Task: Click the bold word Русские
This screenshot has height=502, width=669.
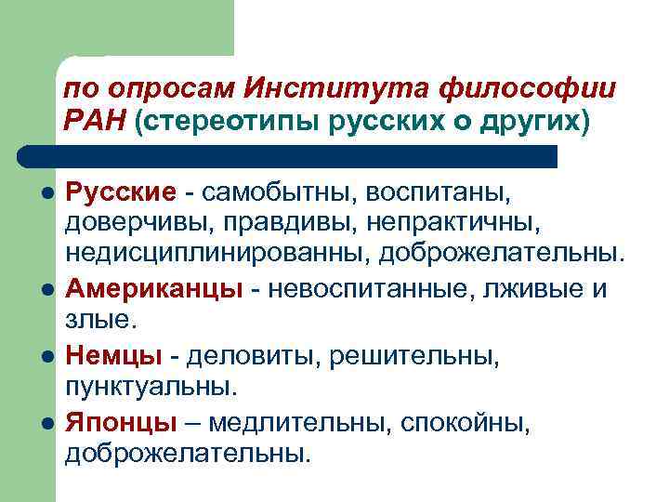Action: pyautogui.click(x=120, y=192)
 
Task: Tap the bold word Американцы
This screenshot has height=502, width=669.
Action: pyautogui.click(x=153, y=288)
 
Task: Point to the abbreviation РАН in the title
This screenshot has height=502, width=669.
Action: pyautogui.click(x=95, y=122)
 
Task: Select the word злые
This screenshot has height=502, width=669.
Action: pyautogui.click(x=99, y=320)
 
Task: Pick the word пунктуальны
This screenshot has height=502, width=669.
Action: pyautogui.click(x=149, y=384)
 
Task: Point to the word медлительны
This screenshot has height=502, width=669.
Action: pyautogui.click(x=302, y=423)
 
